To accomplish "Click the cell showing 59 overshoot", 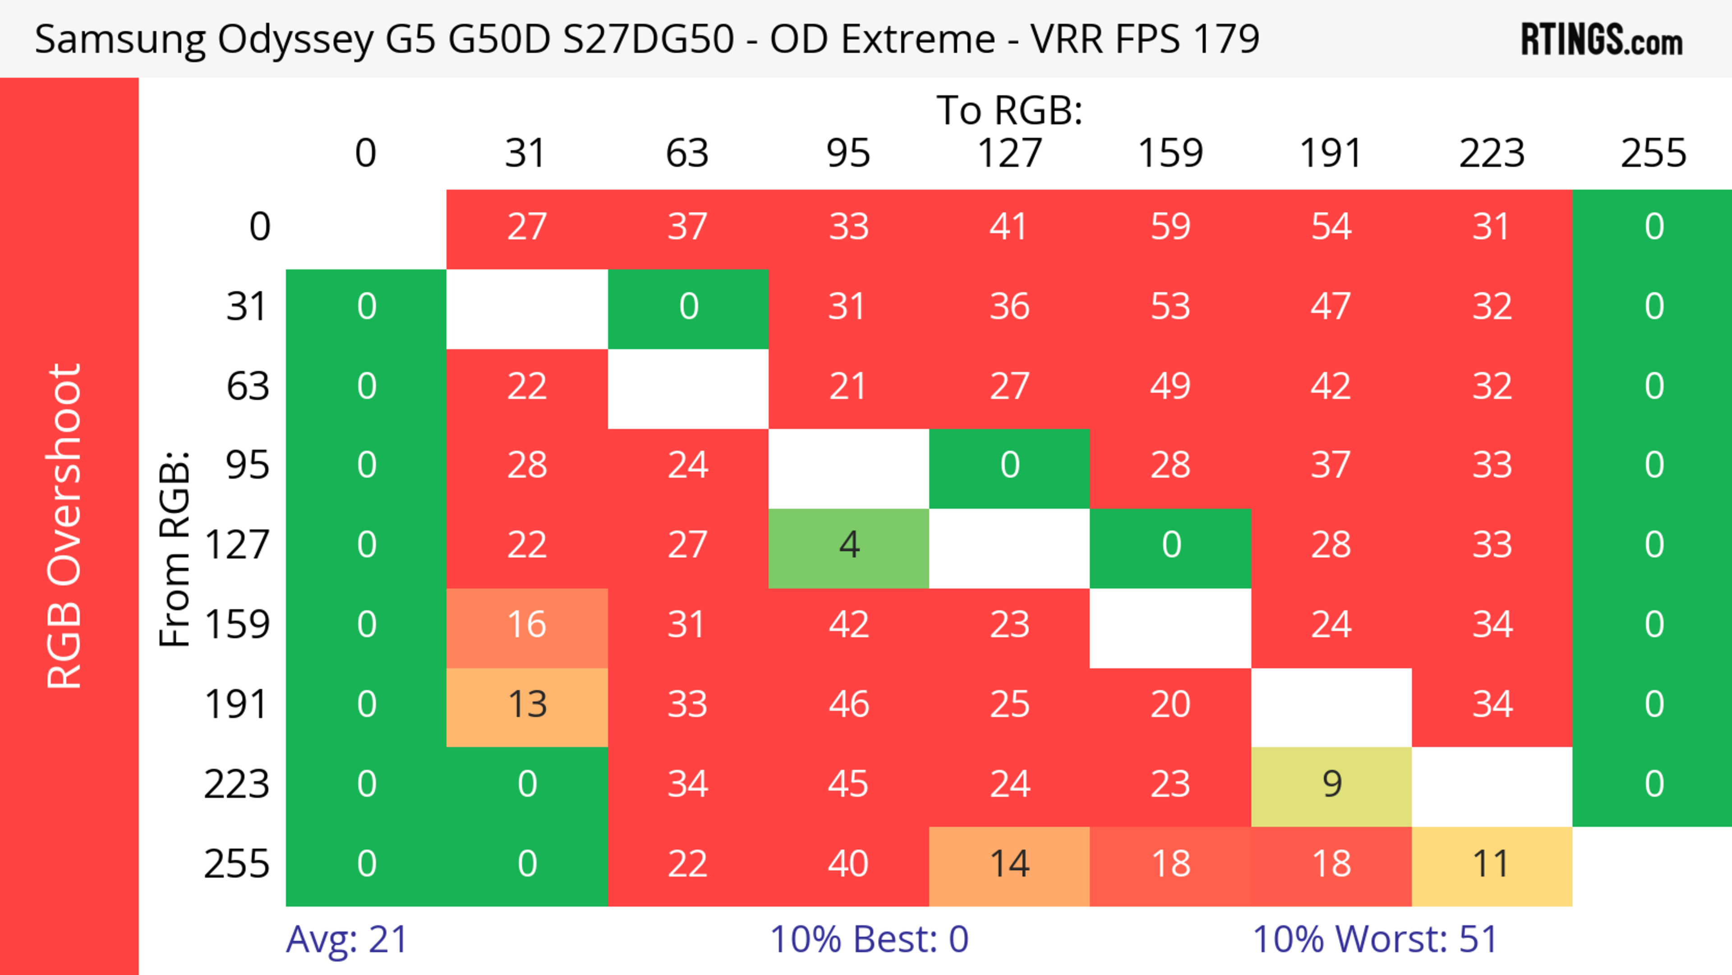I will click(1170, 226).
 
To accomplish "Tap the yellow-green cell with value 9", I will click(1331, 785).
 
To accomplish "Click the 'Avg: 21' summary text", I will click(346, 939).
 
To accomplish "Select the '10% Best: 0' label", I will click(869, 939).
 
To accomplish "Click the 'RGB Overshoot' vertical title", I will click(65, 526).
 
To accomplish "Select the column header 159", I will click(1170, 153).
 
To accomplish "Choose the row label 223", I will click(237, 785).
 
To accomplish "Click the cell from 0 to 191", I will click(1331, 226).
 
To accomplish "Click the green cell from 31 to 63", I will click(688, 307).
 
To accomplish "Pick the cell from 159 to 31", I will click(527, 625).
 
